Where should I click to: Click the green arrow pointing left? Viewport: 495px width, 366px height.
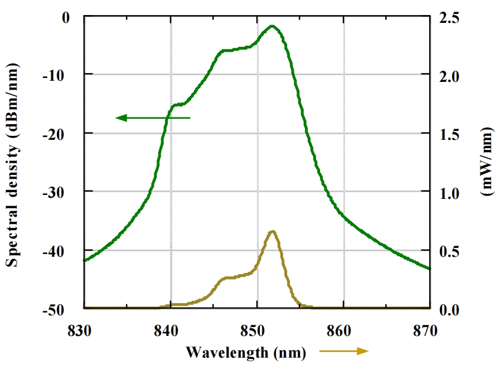pyautogui.click(x=153, y=118)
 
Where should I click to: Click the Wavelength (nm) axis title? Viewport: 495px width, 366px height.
pyautogui.click(x=246, y=352)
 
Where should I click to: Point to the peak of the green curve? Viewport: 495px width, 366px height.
pyautogui.click(x=273, y=26)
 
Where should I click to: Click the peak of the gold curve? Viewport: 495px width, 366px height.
pyautogui.click(x=273, y=231)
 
